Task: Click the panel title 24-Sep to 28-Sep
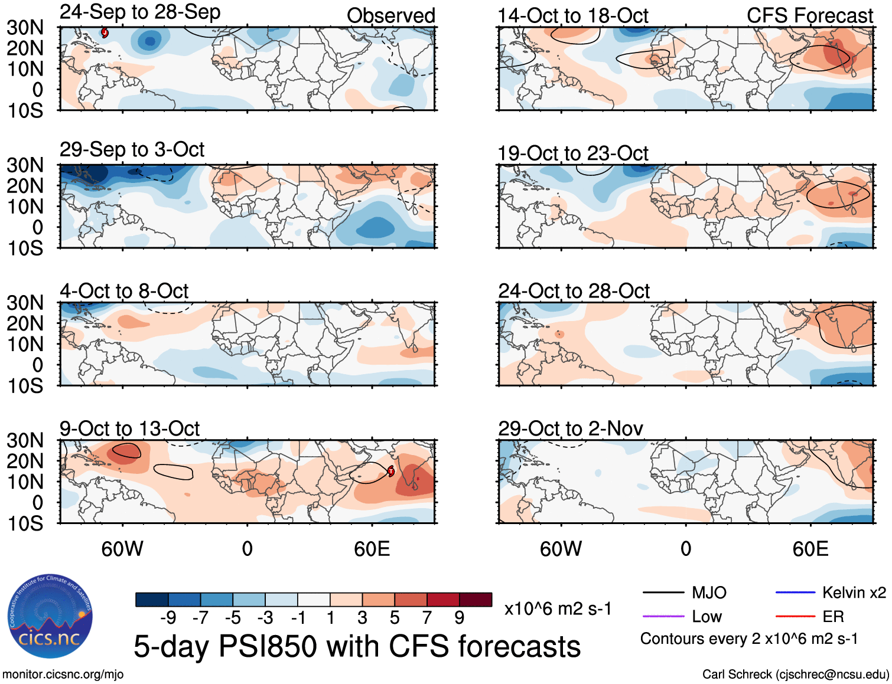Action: [x=140, y=12]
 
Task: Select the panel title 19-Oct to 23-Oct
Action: [x=573, y=153]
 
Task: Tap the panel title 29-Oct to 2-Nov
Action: [x=571, y=428]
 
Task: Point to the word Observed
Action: [x=390, y=16]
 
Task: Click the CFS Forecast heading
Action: [x=809, y=16]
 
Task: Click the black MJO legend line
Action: [x=663, y=593]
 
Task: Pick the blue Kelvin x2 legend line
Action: [x=795, y=593]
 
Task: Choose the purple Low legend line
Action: [x=663, y=616]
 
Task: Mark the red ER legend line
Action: [x=795, y=616]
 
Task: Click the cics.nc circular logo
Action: [x=50, y=616]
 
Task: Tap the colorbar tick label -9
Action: [x=168, y=618]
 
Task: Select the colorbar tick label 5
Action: [x=395, y=618]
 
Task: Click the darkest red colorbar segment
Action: [x=476, y=600]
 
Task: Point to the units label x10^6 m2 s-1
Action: [x=558, y=608]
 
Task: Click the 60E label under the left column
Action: [x=372, y=549]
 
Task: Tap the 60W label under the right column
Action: [x=561, y=549]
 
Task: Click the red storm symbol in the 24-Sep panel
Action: [x=105, y=32]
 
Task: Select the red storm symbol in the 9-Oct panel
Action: [x=390, y=470]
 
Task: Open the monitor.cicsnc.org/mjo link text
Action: [x=63, y=674]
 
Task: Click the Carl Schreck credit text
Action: [x=795, y=674]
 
